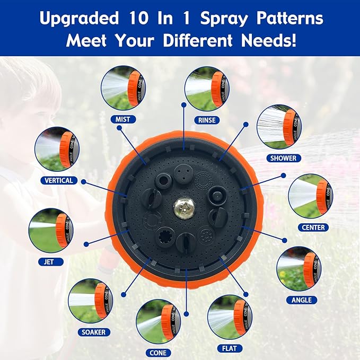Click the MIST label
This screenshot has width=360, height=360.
click(122, 119)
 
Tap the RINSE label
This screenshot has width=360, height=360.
click(207, 120)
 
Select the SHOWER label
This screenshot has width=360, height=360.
click(283, 158)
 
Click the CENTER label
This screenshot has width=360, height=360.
click(313, 227)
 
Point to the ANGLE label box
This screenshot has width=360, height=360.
click(302, 300)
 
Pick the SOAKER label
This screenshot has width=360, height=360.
click(93, 332)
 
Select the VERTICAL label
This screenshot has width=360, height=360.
click(59, 180)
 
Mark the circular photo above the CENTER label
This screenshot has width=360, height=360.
click(310, 196)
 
